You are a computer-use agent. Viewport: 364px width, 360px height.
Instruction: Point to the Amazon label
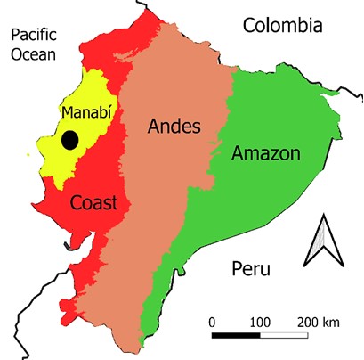pos(265,153)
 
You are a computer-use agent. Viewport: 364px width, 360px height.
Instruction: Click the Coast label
pos(94,203)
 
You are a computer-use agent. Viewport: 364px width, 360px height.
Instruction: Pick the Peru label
pos(250,268)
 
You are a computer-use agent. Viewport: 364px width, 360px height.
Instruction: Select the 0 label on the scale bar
pos(212,320)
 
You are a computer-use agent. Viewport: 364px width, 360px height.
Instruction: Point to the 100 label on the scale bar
pos(260,320)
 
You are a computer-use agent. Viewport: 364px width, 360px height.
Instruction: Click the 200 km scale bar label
pos(318,320)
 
